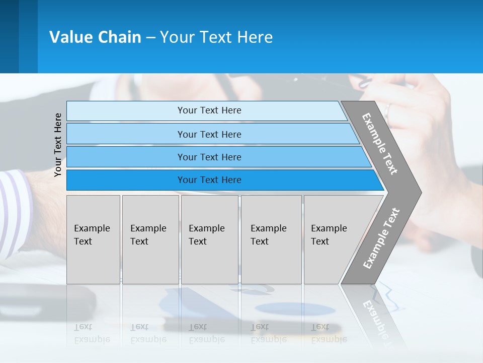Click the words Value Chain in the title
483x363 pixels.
point(95,37)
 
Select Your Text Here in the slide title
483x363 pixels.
point(216,37)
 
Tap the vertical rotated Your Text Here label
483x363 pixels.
point(58,145)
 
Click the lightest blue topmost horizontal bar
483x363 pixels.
point(209,110)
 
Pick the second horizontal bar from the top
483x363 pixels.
point(209,134)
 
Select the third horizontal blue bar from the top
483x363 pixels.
point(209,157)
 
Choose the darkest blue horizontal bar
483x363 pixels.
point(209,180)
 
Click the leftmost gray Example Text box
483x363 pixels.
point(93,239)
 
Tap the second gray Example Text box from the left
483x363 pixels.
point(150,239)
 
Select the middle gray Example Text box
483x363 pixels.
point(209,239)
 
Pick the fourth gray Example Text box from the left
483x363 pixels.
point(271,239)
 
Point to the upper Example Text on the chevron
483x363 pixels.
point(380,144)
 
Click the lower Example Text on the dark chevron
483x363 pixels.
point(381,238)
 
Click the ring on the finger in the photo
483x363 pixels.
point(387,110)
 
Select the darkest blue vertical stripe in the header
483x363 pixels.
point(9,36)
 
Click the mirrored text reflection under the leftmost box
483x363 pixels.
point(92,333)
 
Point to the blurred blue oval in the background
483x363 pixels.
point(294,309)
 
